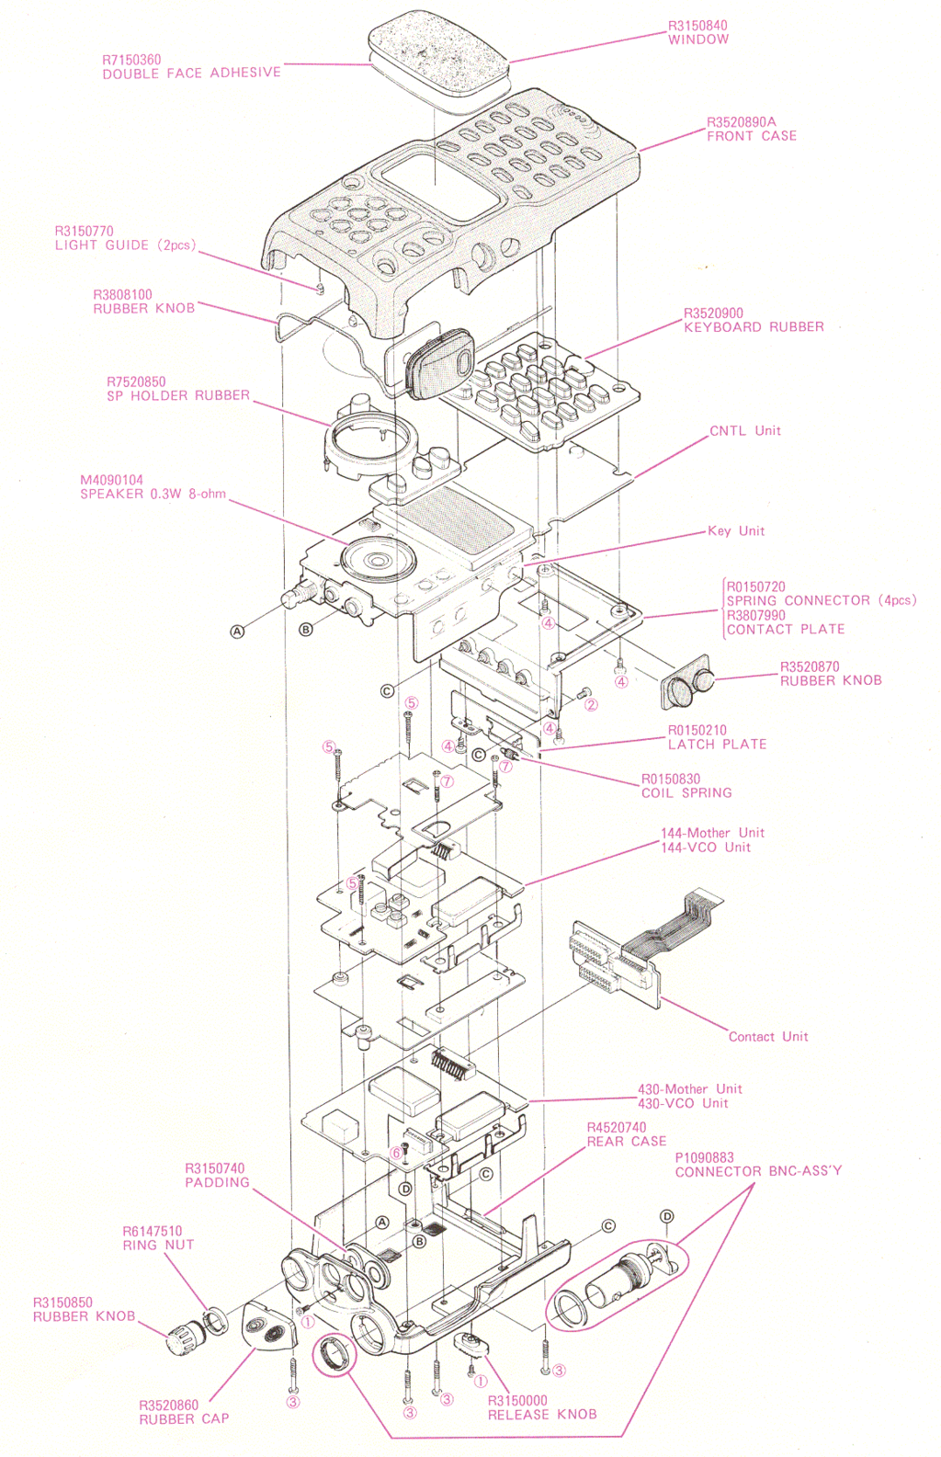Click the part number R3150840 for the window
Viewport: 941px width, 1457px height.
697,26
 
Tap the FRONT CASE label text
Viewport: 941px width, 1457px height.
752,136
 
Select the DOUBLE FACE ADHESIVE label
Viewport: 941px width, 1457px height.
191,74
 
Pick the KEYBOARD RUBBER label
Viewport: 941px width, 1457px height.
754,327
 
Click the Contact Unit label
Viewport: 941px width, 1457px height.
768,1037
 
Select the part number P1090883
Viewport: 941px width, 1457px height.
705,1157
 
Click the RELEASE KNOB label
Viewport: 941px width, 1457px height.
542,1415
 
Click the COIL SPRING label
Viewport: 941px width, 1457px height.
686,793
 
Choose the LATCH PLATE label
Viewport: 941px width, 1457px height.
717,745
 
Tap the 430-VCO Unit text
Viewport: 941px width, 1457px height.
683,1103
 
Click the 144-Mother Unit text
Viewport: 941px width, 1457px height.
712,833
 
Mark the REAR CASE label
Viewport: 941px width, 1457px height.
627,1142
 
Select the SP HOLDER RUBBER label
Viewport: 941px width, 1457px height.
178,396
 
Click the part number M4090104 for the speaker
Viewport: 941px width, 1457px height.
111,480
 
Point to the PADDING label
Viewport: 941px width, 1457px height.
217,1183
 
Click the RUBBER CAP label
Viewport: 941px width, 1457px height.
184,1419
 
